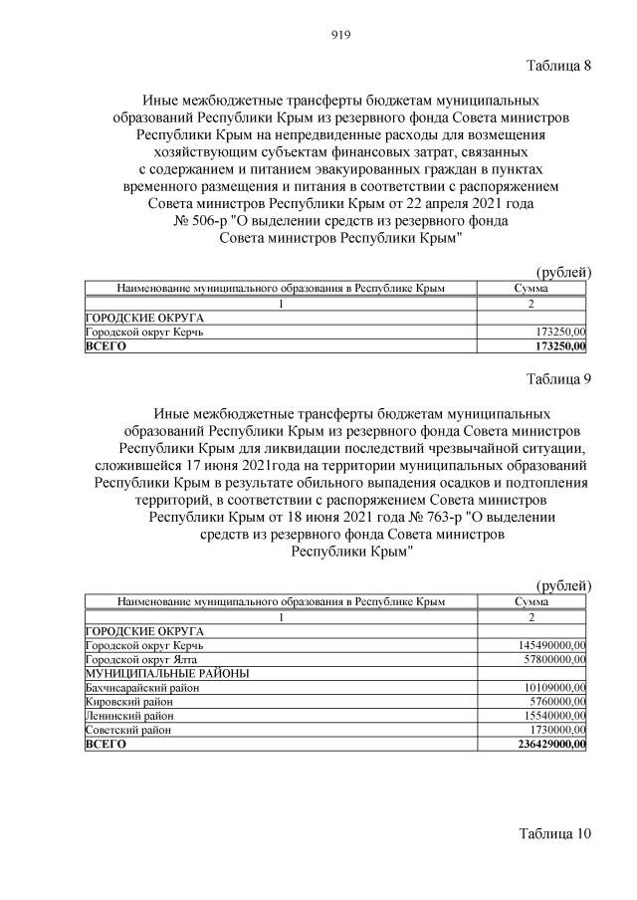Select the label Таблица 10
pyautogui.click(x=554, y=832)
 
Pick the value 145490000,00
pyautogui.click(x=546, y=646)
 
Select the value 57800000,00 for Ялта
pyautogui.click(x=549, y=660)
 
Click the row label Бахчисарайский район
pyautogui.click(x=143, y=688)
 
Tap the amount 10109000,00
pyautogui.click(x=549, y=688)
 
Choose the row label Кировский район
pyautogui.click(x=129, y=702)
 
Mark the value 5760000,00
pyautogui.click(x=552, y=702)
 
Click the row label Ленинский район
pyautogui.click(x=129, y=716)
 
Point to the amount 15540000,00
pyautogui.click(x=549, y=716)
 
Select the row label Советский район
pyautogui.click(x=129, y=730)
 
